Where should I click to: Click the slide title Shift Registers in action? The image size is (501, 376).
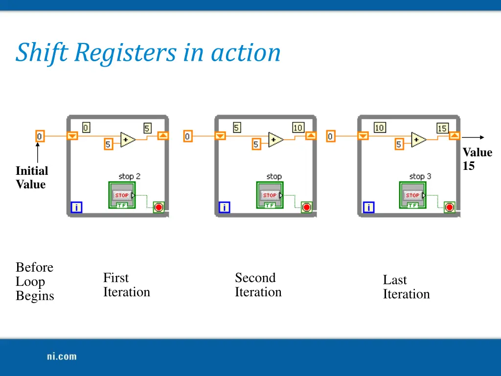[x=148, y=53]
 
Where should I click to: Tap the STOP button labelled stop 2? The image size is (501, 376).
[x=122, y=195]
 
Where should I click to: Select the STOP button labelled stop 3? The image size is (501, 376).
[x=412, y=195]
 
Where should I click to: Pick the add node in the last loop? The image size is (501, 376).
[x=418, y=140]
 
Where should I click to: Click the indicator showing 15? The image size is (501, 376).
[x=442, y=128]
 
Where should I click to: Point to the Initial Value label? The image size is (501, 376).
[x=31, y=177]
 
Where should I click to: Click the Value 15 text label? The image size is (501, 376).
[x=477, y=159]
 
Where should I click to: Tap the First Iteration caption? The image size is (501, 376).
[x=126, y=285]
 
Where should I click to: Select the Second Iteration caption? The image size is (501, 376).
[x=258, y=285]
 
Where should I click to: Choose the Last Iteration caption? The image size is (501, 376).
[x=406, y=287]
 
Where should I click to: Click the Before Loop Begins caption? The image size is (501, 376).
[x=35, y=282]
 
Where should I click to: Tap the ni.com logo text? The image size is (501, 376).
[x=62, y=356]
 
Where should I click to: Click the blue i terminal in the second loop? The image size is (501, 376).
[x=224, y=208]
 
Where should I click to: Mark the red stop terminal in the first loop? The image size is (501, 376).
[x=159, y=207]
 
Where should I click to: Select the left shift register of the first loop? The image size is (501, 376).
[x=72, y=136]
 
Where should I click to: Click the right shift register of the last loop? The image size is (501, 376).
[x=455, y=136]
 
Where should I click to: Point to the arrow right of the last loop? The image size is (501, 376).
[x=473, y=138]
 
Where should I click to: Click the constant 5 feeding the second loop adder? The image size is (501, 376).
[x=256, y=144]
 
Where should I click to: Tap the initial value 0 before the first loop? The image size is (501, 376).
[x=40, y=136]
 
